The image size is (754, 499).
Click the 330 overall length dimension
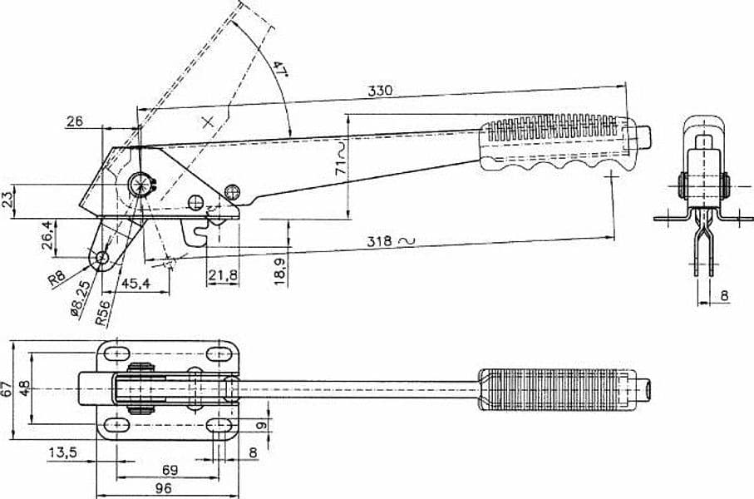click(380, 91)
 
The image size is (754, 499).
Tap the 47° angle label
click(279, 69)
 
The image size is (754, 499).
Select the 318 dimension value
click(380, 241)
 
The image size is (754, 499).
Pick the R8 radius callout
click(57, 279)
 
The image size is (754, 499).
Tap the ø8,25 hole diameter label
click(80, 299)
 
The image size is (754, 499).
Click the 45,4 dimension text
click(136, 283)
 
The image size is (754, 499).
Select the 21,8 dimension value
click(223, 275)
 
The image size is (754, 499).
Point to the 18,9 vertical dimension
click(280, 271)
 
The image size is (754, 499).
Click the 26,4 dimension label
click(47, 235)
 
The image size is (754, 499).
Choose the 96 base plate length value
click(164, 488)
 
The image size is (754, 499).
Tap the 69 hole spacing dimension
click(170, 470)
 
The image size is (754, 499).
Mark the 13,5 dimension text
click(62, 452)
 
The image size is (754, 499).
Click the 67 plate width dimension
click(6, 389)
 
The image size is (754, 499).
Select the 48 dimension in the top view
click(24, 388)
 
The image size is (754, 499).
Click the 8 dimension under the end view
click(725, 296)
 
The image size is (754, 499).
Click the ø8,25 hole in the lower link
click(102, 257)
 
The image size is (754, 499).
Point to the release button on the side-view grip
click(645, 136)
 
